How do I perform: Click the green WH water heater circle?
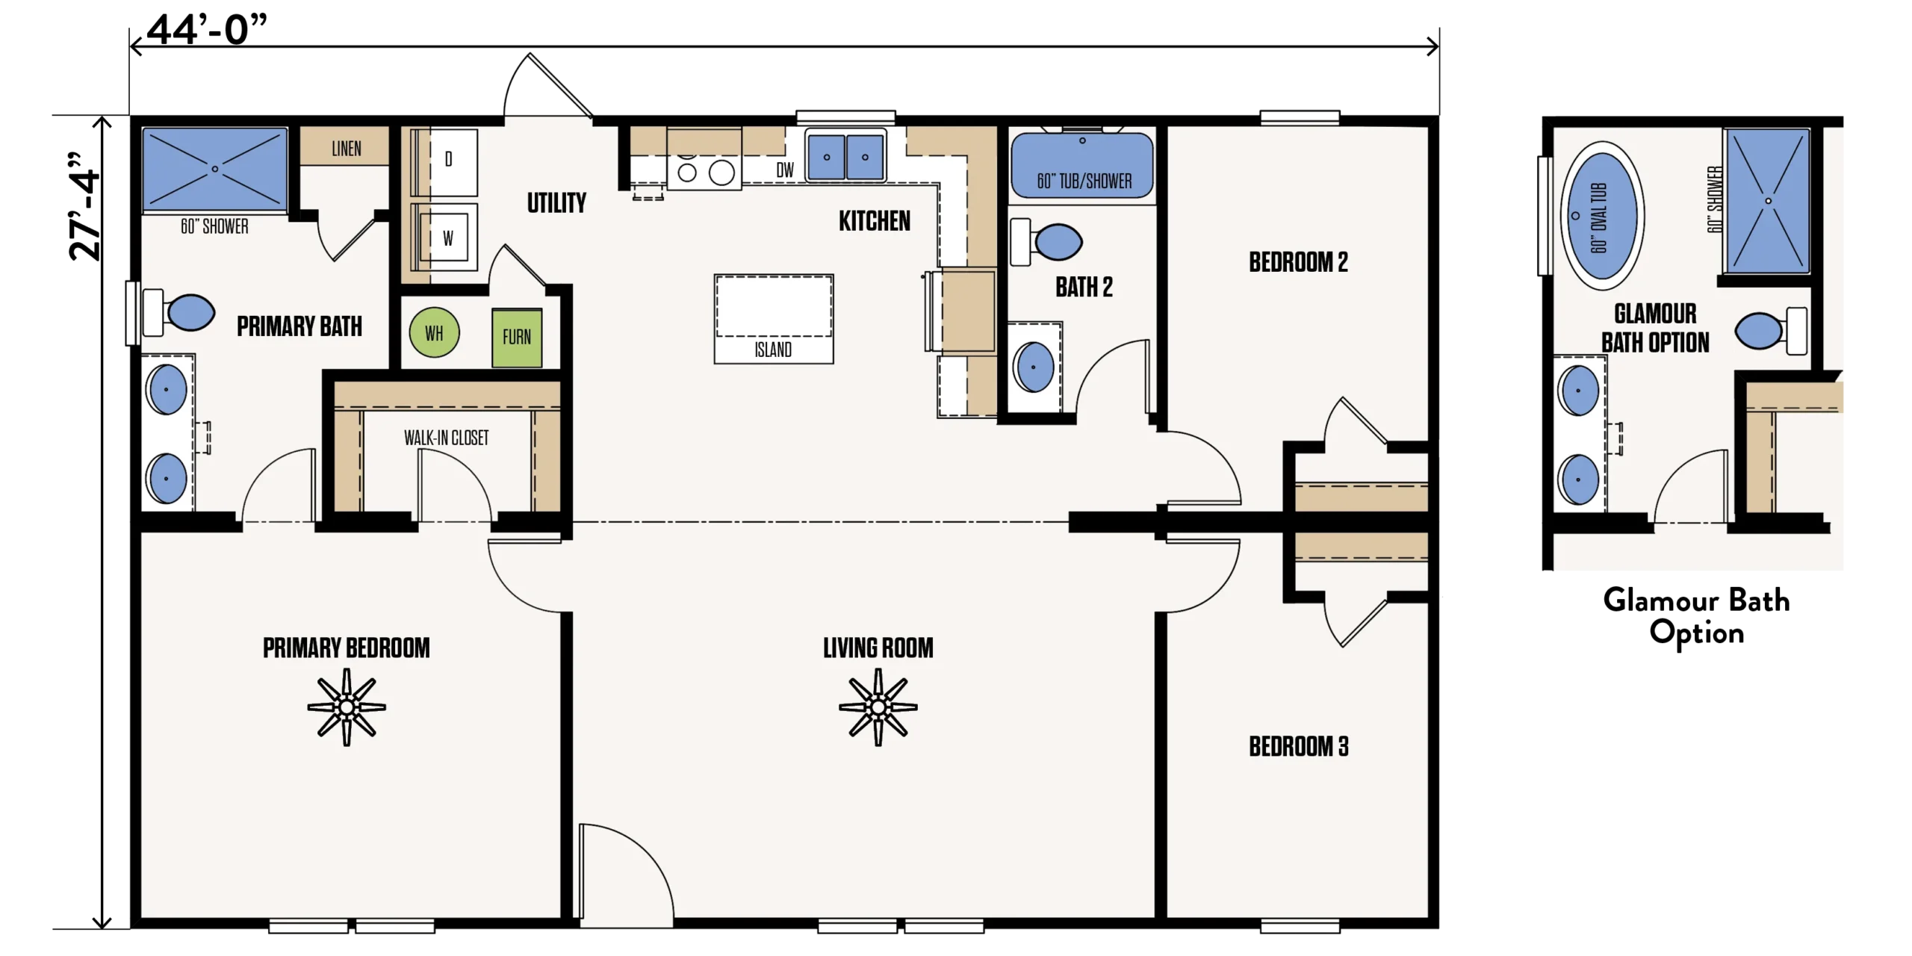434,332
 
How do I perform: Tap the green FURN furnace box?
517,338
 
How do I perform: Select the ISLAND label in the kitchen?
773,350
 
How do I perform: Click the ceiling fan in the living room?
878,707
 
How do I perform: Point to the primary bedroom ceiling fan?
347,707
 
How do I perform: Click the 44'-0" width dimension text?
207,30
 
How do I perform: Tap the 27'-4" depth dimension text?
84,205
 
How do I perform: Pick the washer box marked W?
448,238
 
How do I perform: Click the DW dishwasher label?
785,170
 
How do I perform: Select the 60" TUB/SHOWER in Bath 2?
1082,164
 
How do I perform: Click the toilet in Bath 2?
1046,241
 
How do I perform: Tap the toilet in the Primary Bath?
179,312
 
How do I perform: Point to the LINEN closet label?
347,149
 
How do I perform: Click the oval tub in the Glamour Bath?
1601,216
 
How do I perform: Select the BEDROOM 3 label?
1299,746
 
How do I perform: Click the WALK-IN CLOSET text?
447,438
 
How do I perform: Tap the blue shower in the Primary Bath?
215,169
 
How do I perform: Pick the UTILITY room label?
556,202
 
